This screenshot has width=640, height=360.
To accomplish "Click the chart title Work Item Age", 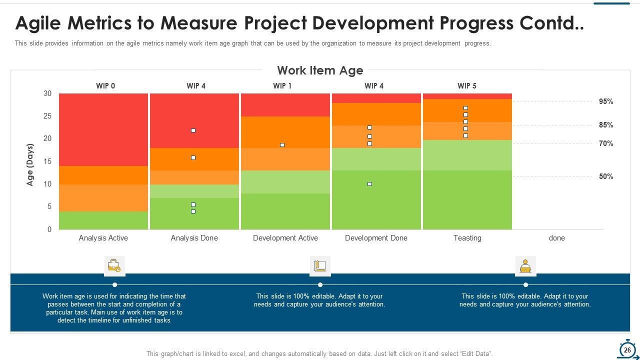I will (320, 70).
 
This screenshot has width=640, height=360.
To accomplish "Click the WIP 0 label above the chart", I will (105, 86).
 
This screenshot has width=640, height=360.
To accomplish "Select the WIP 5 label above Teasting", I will (467, 86).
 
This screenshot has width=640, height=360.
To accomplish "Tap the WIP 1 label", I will (282, 86).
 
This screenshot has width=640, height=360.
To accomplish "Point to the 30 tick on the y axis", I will (47, 93).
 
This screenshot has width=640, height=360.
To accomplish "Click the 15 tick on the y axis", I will (47, 161).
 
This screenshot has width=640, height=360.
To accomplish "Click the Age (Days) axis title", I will (30, 165).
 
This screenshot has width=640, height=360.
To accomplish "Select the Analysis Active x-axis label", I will (103, 238).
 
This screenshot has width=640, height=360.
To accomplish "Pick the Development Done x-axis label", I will (376, 238).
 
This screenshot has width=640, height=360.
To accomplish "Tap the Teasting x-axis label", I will (467, 238).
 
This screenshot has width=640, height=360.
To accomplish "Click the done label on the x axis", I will (556, 238).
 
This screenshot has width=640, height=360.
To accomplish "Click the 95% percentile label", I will (606, 101).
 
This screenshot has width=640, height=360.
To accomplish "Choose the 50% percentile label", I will (606, 176).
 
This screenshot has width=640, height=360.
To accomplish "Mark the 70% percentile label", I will (606, 143).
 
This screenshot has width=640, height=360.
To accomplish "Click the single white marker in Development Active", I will (282, 145).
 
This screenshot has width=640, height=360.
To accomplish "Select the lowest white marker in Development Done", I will (369, 184).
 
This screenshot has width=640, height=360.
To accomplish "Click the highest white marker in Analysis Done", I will (193, 130).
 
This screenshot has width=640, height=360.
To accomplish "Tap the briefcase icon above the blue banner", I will (114, 266).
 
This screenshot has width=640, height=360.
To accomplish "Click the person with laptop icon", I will (525, 266).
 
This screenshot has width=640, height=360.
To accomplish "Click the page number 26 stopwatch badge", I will (627, 350).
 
